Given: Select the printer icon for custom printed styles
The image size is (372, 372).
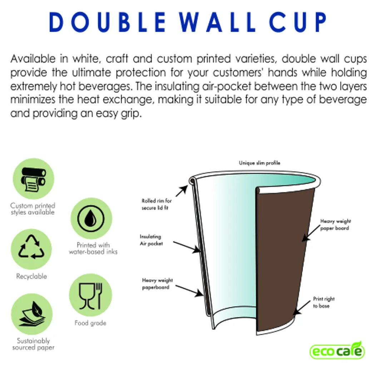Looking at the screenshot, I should pos(33,179).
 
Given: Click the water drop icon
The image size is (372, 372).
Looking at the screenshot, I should pos(91,218).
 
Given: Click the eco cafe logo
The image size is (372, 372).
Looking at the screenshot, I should pos(337,351).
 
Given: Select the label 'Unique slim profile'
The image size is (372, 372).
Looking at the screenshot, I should pos(259,163).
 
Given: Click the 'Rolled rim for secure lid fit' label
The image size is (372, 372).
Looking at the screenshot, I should pos(157,204).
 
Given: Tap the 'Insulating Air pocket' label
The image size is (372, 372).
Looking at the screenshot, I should pos(150,240).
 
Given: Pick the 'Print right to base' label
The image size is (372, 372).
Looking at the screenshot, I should pos(324,302).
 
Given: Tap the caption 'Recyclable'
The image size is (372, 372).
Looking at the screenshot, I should pos(31,276).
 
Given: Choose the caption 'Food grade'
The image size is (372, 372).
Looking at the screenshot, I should pos(90,323).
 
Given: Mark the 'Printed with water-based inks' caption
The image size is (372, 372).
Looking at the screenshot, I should pos(93,248).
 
